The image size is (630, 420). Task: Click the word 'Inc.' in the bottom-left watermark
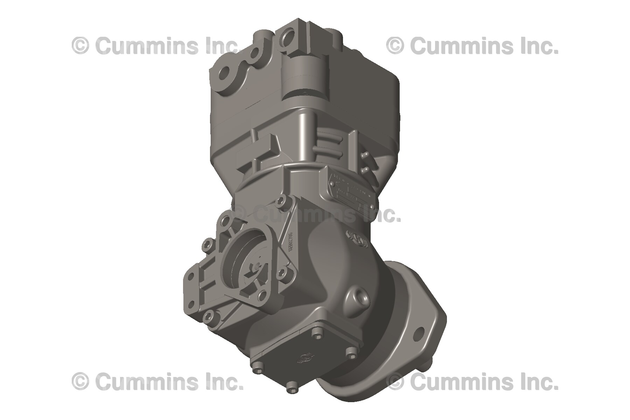click(224, 381)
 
